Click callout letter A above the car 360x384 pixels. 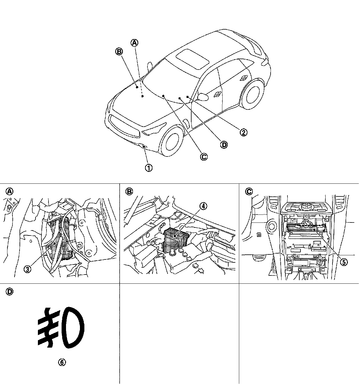134,43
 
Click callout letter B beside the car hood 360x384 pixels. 119,51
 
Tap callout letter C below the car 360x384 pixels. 204,156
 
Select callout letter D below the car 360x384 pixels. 224,144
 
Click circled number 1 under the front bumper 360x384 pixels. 149,168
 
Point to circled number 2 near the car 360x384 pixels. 243,132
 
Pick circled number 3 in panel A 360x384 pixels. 27,269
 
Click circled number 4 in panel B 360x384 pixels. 203,206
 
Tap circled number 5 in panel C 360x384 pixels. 343,262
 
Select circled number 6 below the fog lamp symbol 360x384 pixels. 62,362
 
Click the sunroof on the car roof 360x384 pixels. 192,59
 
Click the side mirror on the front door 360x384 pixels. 203,96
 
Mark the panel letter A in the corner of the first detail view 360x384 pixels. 10,191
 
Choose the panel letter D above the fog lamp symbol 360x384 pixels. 10,292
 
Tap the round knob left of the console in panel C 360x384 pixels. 271,226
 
